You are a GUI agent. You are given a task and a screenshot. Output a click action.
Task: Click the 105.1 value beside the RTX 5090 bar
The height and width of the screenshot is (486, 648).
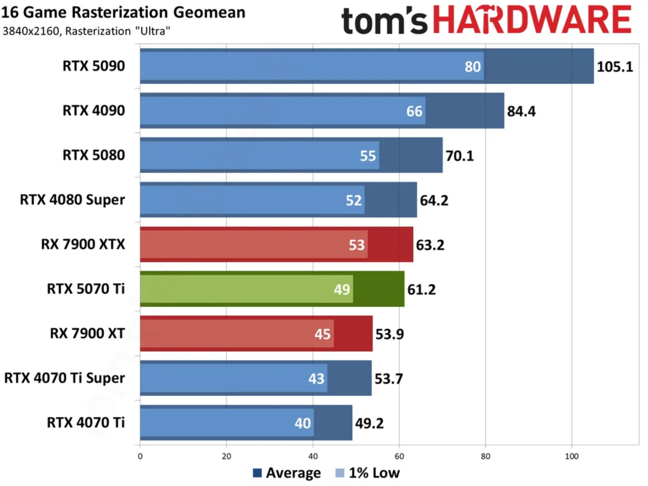pos(614,67)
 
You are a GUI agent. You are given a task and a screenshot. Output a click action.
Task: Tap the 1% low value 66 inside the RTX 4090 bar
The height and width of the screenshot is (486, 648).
pos(414,111)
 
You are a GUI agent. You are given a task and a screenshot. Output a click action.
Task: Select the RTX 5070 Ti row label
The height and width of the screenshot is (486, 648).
pos(86,289)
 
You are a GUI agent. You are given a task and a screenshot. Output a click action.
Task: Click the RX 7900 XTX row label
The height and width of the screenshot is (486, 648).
pos(83,244)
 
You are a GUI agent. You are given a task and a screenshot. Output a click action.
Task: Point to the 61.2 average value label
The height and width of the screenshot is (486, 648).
pos(421,290)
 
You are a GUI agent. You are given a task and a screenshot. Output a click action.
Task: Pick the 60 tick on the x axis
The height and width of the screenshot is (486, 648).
pos(399,456)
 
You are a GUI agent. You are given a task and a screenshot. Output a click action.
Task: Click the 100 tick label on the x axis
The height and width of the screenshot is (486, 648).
pos(571,456)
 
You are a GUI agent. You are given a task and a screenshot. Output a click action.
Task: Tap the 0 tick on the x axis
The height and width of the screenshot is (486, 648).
pos(140,456)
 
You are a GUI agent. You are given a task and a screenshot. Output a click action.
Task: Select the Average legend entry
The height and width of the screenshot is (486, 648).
pos(287,473)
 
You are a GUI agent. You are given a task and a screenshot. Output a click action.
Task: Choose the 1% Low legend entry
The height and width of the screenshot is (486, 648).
pos(368,473)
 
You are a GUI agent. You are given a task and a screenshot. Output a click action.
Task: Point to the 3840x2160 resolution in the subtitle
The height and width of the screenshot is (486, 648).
pos(30,31)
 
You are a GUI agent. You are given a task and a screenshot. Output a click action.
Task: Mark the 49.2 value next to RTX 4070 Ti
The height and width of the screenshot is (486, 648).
pos(369,424)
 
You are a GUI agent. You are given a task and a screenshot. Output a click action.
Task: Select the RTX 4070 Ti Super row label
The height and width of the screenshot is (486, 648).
pos(64,378)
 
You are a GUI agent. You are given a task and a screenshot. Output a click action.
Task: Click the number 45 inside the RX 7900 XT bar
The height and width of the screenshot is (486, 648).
pos(322,334)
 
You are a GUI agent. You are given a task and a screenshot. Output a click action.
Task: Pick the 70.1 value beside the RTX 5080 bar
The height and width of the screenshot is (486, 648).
pos(459,156)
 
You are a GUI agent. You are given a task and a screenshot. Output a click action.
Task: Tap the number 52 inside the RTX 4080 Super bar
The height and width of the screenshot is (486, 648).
pos(353,200)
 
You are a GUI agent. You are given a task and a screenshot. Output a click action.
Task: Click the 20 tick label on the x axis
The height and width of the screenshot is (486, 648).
pos(227,456)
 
